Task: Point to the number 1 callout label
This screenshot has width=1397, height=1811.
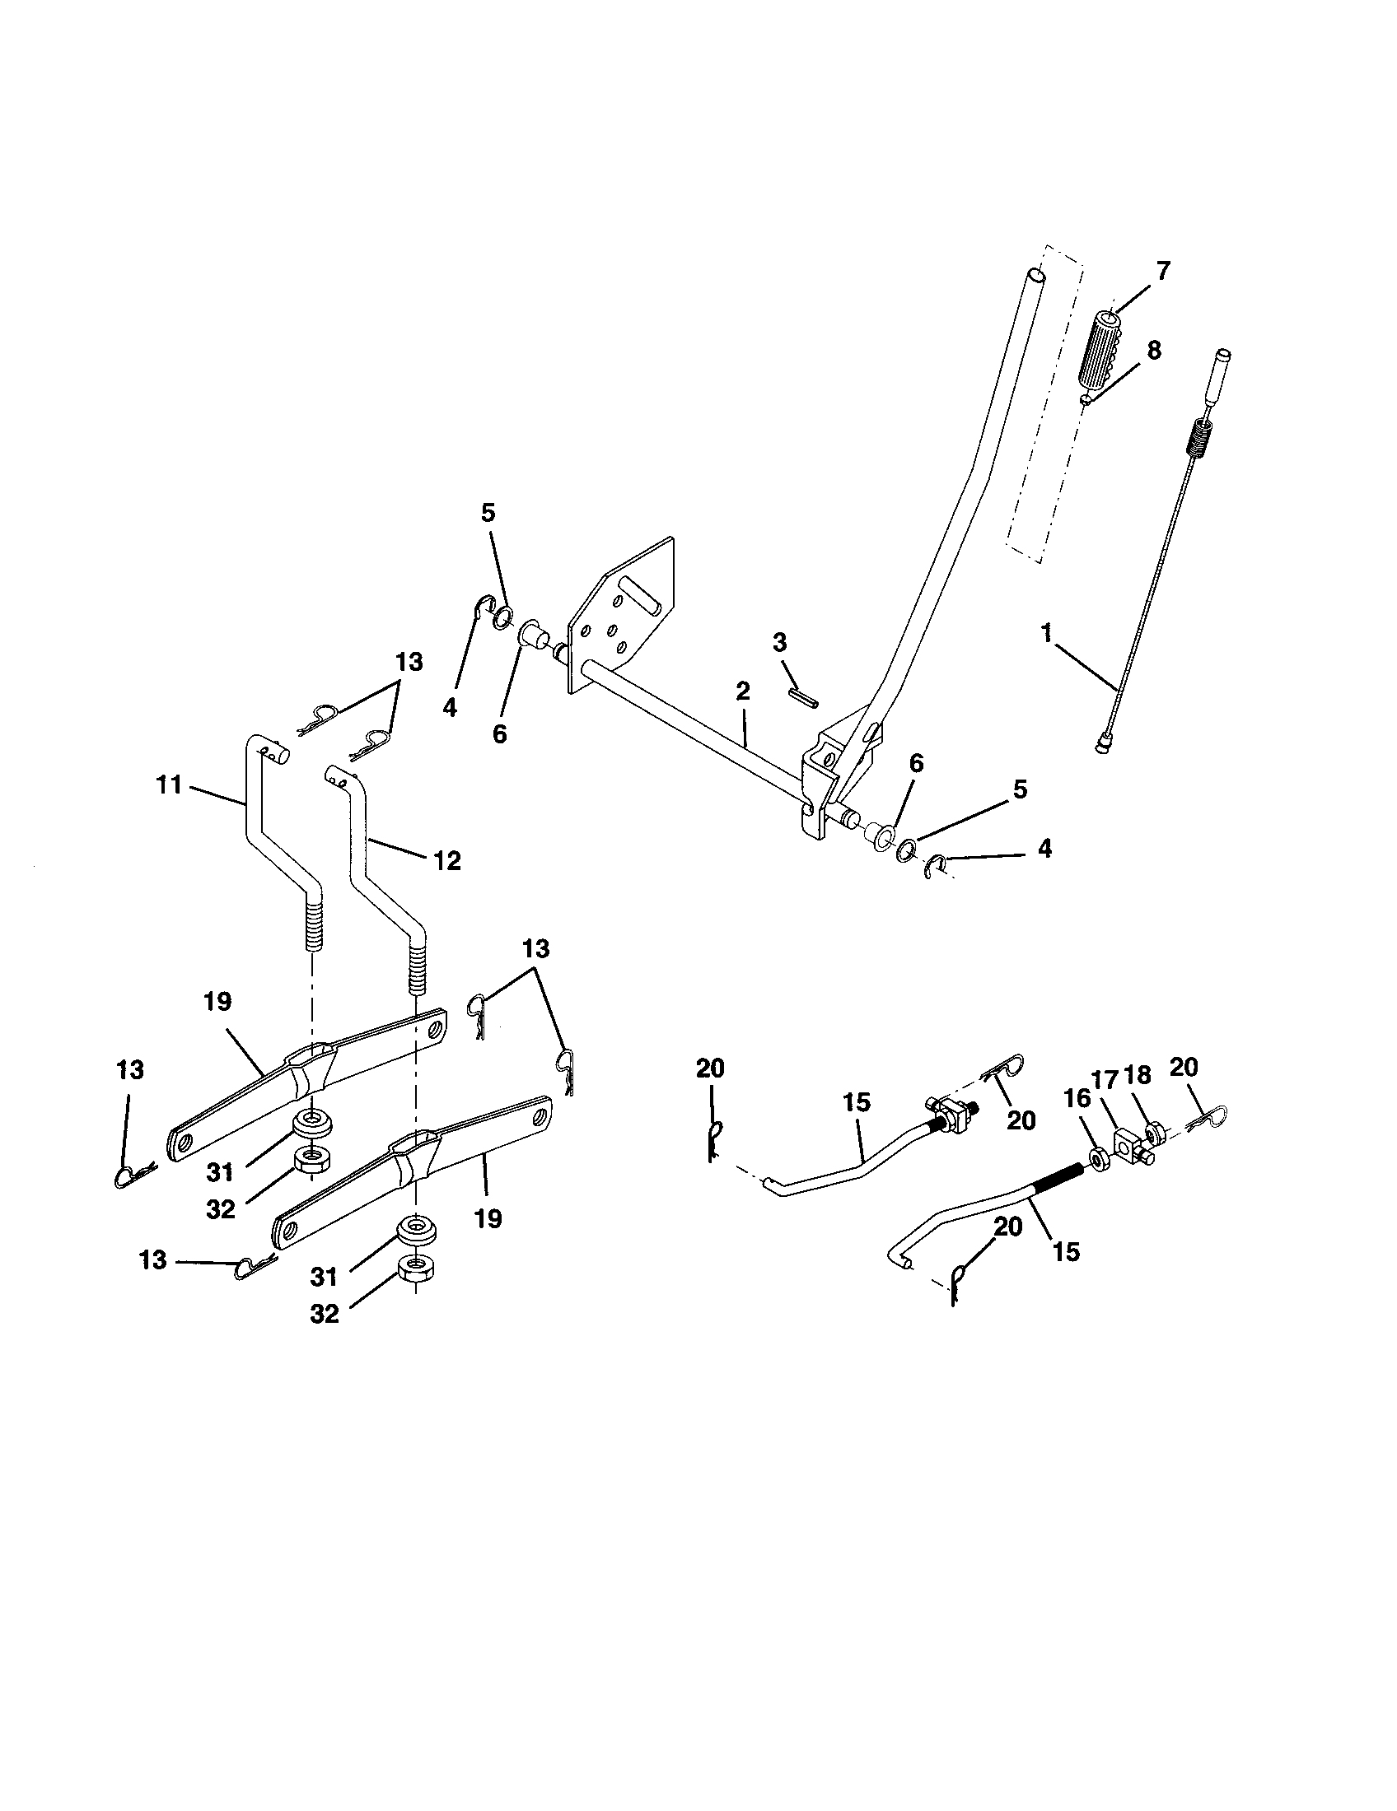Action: pos(1048,635)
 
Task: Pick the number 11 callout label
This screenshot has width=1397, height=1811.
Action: pos(169,784)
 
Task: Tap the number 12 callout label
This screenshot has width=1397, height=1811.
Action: pos(446,861)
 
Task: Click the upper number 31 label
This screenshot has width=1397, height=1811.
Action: pos(220,1172)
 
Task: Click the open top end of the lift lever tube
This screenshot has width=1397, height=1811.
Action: pos(1035,274)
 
